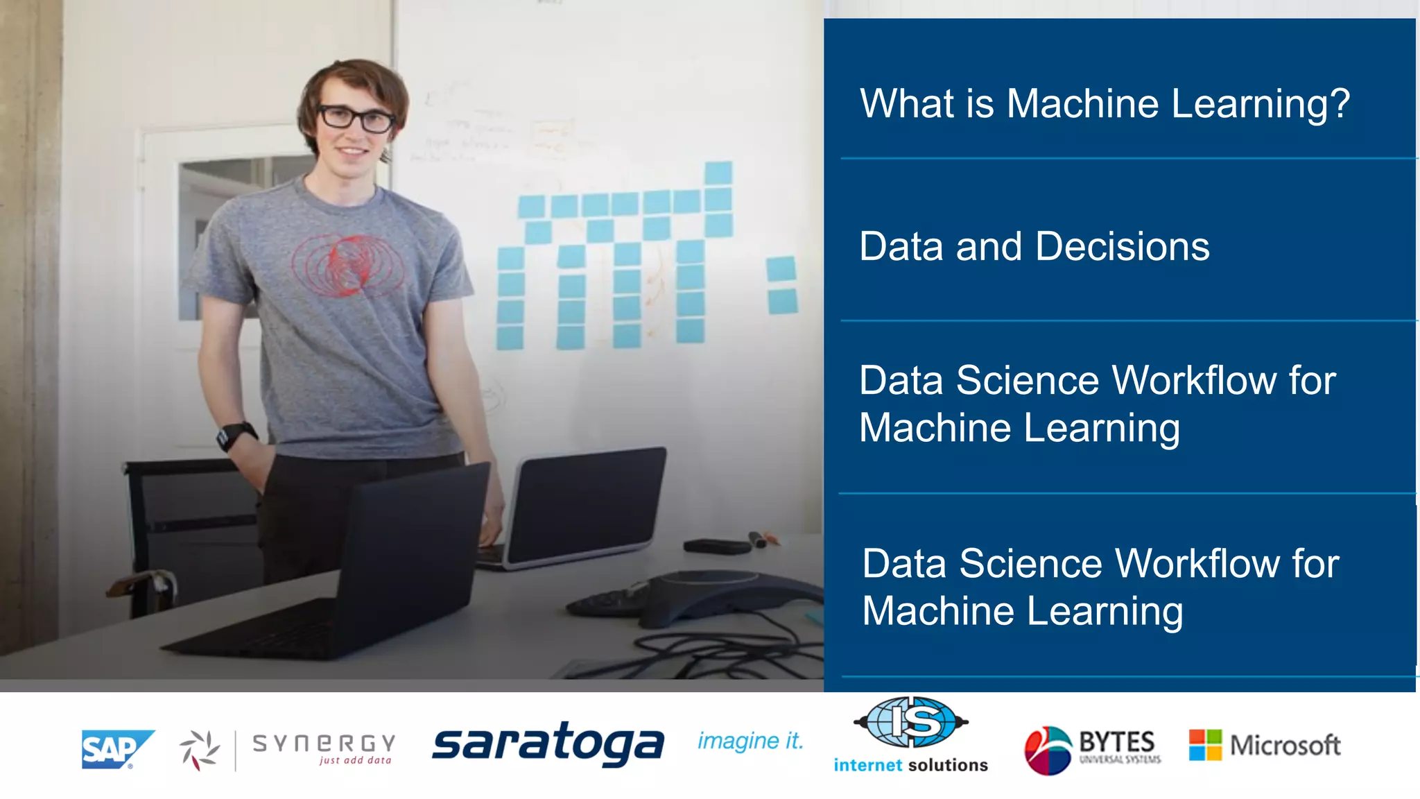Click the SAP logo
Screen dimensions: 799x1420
pos(116,749)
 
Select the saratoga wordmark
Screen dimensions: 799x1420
pos(548,744)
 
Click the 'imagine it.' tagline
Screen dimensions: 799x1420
pos(750,741)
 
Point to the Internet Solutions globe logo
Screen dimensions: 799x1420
pos(911,723)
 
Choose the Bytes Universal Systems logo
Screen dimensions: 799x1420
pos(1092,749)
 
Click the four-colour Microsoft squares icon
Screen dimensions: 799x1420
pos(1205,745)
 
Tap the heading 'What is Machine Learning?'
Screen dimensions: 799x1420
pos(1104,104)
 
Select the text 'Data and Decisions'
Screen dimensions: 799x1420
pos(1034,247)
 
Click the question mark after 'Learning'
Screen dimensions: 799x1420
pos(1339,104)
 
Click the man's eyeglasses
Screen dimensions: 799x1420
pos(356,119)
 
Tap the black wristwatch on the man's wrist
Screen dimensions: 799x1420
pos(234,436)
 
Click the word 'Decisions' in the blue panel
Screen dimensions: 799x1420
pos(1123,247)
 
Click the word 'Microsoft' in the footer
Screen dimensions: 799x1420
pos(1285,746)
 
